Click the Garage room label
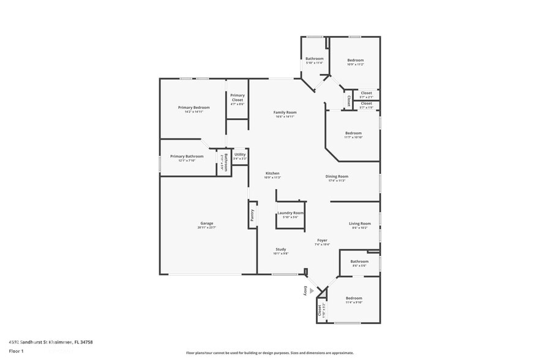[x=206, y=223]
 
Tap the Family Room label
[x=285, y=113]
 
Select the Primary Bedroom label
[x=193, y=108]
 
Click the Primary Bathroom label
[x=187, y=156]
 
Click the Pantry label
[x=252, y=216]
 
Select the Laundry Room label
[x=290, y=213]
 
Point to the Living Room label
[x=360, y=223]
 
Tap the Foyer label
[x=322, y=240]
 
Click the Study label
[x=280, y=249]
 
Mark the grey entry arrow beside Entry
[x=312, y=291]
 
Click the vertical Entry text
[x=305, y=291]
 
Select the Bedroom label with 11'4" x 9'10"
[x=354, y=298]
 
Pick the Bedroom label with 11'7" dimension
[x=353, y=133]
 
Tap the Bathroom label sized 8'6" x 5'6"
[x=359, y=261]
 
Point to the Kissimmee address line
[x=50, y=342]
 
